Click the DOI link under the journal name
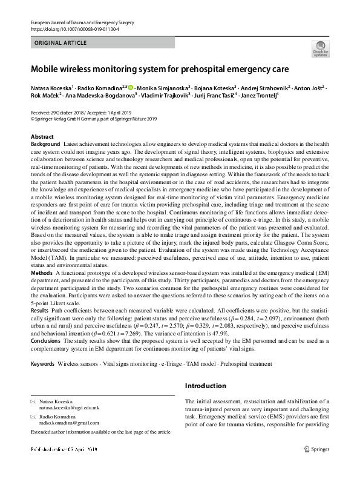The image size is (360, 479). [x=75, y=29]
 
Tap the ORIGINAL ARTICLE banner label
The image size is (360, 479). [x=62, y=44]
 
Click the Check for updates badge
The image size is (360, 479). [x=320, y=48]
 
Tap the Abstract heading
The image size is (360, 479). [x=42, y=137]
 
